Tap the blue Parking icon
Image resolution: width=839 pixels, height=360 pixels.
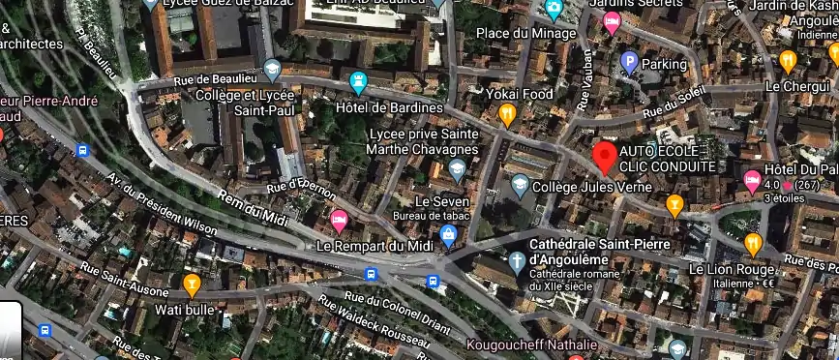click(628, 64)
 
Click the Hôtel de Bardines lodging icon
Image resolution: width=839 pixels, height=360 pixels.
click(359, 82)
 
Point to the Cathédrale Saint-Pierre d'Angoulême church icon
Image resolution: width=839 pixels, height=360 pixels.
click(518, 260)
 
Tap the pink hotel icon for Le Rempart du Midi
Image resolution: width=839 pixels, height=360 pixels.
click(339, 221)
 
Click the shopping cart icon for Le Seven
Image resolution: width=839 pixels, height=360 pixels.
click(449, 234)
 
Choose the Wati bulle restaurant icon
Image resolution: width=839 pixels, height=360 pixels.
click(192, 285)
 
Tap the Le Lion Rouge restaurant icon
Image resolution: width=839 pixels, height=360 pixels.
click(753, 244)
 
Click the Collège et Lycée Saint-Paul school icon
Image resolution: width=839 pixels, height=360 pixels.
click(273, 70)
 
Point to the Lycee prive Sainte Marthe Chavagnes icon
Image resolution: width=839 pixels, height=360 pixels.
click(458, 171)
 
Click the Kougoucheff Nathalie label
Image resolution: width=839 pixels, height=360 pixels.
click(531, 345)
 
